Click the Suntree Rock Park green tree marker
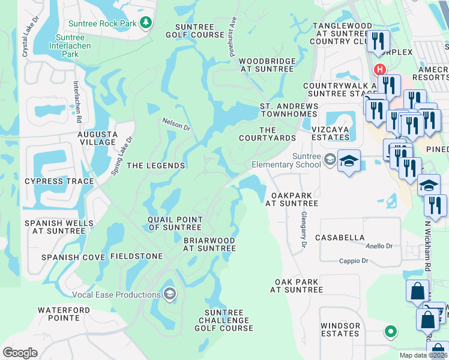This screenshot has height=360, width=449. tap(145, 23)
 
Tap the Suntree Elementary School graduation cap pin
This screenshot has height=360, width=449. tap(349, 161)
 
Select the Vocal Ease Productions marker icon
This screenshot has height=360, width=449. tap(170, 294)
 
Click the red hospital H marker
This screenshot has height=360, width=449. tap(379, 70)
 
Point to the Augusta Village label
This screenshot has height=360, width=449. tap(97, 137)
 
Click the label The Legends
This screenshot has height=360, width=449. tap(155, 166)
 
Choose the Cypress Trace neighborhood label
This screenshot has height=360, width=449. tap(59, 181)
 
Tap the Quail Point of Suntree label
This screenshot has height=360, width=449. tap(175, 223)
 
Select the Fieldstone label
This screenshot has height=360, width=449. tap(136, 256)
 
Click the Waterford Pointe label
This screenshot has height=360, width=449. tap(64, 314)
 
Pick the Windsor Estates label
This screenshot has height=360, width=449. tap(340, 329)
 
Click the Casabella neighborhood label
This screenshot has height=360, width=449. tap(343, 238)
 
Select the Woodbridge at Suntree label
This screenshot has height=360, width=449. tap(267, 65)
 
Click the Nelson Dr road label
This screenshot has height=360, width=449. tap(176, 124)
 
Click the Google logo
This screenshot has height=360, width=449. tap(20, 352)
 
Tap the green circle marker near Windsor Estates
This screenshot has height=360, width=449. tap(391, 331)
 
